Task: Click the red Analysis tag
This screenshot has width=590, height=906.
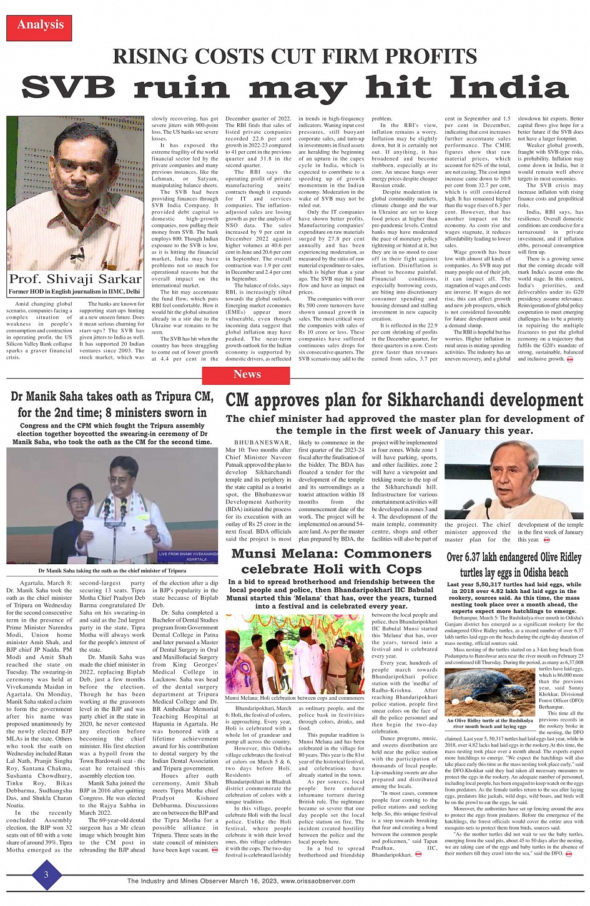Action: [x=40, y=25]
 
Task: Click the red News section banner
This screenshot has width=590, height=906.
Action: [x=247, y=374]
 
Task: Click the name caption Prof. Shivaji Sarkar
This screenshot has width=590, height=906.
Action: [x=76, y=279]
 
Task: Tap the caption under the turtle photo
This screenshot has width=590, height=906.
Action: [x=490, y=724]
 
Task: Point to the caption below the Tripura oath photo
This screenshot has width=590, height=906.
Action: [x=112, y=570]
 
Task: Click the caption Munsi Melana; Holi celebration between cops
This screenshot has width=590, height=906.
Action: [x=295, y=697]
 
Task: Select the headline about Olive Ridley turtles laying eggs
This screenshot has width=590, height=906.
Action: [x=514, y=564]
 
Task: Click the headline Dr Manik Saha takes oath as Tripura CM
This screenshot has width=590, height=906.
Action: [x=112, y=404]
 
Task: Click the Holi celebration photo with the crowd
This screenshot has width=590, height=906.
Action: [x=295, y=654]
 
